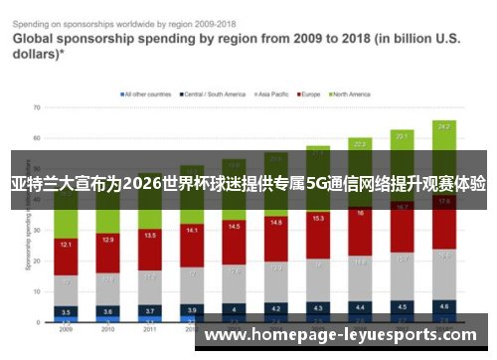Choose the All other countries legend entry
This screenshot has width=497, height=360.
(x=146, y=94)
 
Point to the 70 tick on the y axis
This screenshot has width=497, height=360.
(x=36, y=106)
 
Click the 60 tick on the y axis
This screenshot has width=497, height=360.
(x=36, y=138)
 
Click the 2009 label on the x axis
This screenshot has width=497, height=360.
(x=65, y=328)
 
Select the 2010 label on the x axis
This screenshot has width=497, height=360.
(x=107, y=328)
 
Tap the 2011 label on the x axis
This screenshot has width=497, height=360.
(x=150, y=328)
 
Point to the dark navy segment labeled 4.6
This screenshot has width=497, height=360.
(x=444, y=306)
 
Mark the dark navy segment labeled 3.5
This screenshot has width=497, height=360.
(x=65, y=311)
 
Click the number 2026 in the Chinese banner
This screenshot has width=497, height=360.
(x=143, y=184)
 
